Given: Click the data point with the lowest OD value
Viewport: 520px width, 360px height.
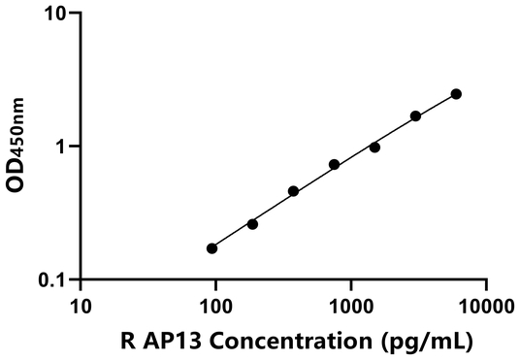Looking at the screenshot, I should point(212,248).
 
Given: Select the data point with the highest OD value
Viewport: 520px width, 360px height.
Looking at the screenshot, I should point(456,94).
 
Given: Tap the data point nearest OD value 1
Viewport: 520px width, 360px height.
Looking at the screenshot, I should point(374,147).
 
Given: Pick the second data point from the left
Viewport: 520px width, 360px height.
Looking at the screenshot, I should point(252,224).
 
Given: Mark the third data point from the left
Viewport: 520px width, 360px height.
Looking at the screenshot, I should point(293,191).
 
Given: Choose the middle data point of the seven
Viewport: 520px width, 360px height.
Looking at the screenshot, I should point(334,165).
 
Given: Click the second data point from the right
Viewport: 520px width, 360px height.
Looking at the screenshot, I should point(415,116).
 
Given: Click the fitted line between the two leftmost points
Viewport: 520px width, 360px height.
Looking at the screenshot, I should point(233,236).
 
